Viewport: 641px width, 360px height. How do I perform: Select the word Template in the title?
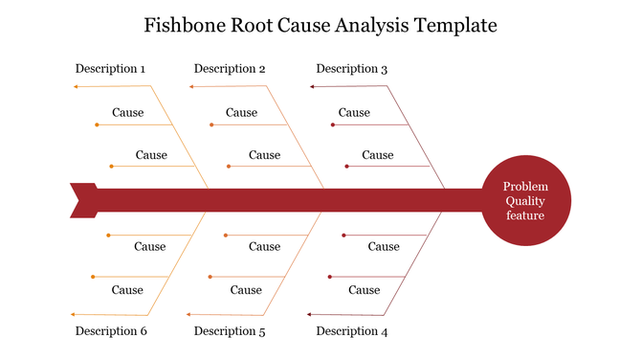coord(454,25)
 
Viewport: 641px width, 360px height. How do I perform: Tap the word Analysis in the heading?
coord(367,25)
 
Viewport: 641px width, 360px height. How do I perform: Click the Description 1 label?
coord(110,69)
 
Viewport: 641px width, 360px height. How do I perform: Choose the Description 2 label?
coord(230,69)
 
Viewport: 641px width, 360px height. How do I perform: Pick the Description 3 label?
coord(351,69)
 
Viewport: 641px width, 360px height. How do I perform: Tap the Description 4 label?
coord(351,331)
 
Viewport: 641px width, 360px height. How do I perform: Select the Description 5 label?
coord(230,331)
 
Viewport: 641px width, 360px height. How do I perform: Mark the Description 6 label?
coord(110,331)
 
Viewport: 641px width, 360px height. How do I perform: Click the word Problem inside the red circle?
coord(525,187)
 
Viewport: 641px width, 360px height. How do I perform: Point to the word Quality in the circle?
coord(525,201)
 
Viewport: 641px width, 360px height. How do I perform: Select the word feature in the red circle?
coord(525,215)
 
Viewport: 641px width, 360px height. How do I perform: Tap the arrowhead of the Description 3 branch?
coord(312,86)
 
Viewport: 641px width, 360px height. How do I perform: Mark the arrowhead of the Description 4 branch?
coord(312,314)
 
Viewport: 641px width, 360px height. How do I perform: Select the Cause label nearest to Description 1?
coord(127,113)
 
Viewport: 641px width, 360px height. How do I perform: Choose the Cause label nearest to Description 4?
coord(364,290)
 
